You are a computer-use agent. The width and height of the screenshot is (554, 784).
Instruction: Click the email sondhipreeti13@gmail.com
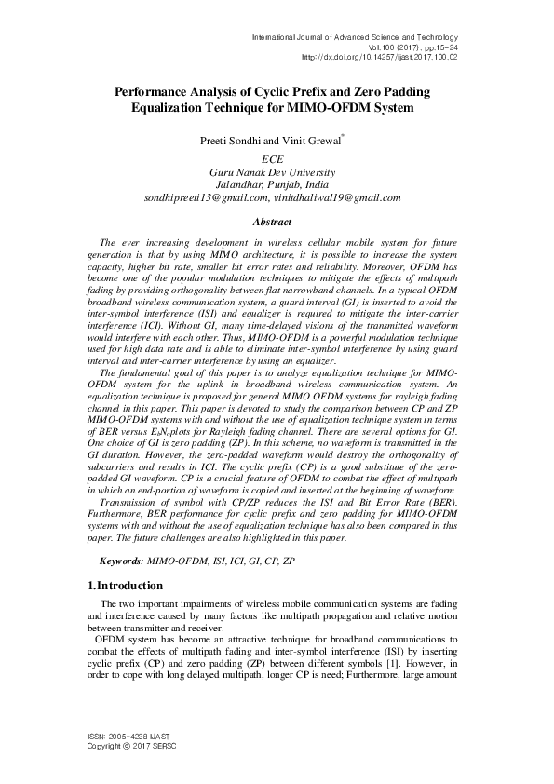(x=206, y=197)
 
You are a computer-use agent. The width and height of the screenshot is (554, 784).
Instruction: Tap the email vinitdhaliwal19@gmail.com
(x=337, y=197)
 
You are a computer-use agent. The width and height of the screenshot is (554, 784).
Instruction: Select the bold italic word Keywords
(x=121, y=562)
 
